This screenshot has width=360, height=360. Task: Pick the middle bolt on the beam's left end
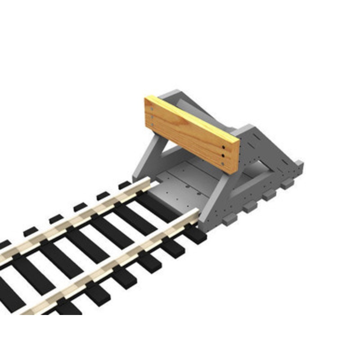coord(153,118)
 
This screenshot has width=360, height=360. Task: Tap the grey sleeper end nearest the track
coord(229,219)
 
